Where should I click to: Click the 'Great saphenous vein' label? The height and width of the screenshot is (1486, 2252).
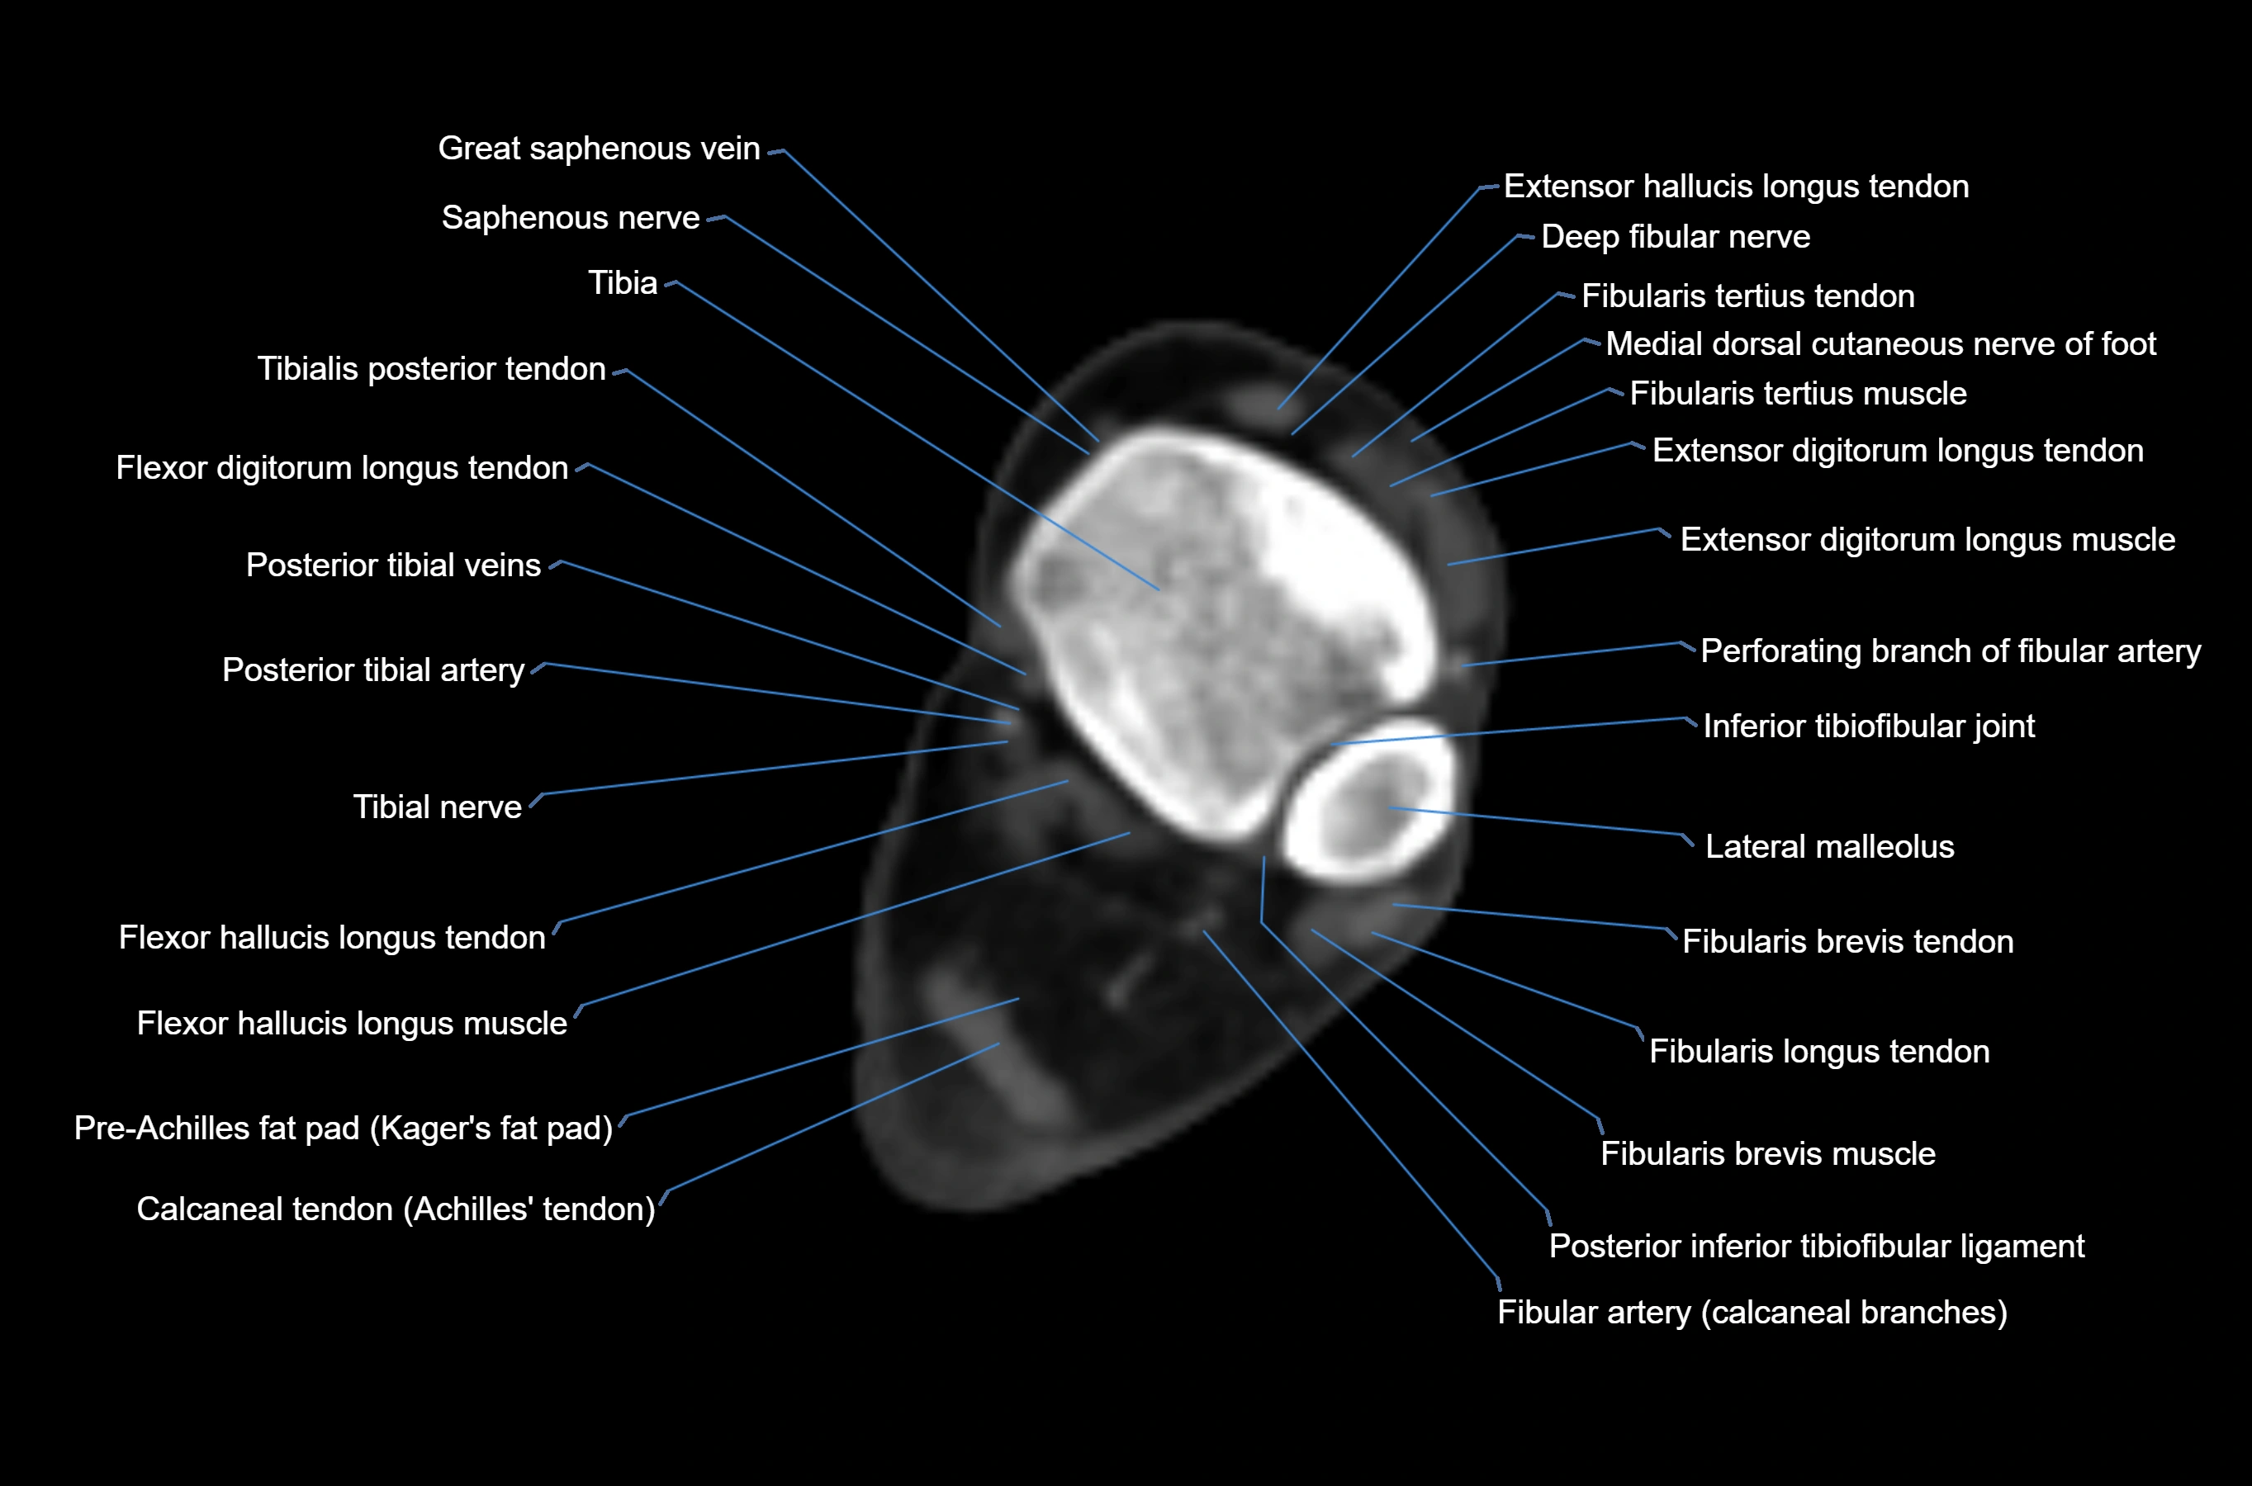point(598,149)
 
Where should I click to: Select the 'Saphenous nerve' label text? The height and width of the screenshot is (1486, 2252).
point(570,218)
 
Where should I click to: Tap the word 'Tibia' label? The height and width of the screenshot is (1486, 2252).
point(622,283)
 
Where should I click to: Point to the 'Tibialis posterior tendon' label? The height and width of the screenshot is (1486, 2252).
point(430,369)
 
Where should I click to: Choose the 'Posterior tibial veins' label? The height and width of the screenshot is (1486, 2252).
point(392,565)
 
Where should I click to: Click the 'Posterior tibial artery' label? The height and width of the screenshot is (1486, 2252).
point(372,670)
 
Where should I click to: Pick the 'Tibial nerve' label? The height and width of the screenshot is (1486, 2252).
point(437,807)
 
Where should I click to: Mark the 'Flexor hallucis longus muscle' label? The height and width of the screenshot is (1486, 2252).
point(352,1024)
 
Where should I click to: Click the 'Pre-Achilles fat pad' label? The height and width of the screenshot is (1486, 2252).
point(343,1128)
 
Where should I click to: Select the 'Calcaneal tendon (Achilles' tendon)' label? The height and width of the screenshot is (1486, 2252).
point(396,1209)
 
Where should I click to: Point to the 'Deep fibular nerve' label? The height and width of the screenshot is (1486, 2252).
point(1675,237)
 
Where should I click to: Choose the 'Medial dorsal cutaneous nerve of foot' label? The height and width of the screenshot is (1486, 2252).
point(1880,344)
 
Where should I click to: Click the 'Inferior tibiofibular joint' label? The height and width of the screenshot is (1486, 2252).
point(1868,726)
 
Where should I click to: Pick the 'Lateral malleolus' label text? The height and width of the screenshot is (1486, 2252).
point(1829,846)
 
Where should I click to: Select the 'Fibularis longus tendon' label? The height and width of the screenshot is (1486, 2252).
point(1818,1052)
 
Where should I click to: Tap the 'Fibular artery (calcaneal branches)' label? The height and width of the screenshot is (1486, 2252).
point(1752,1313)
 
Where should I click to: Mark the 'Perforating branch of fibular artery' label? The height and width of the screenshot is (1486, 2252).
point(1950,651)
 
